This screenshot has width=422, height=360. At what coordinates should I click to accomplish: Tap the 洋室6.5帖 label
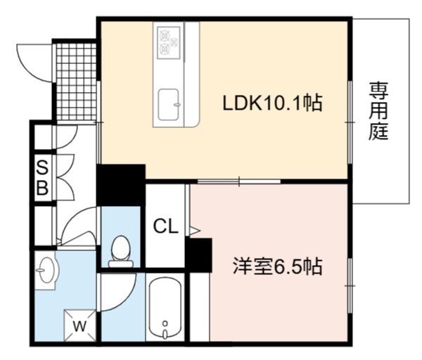click(x=278, y=266)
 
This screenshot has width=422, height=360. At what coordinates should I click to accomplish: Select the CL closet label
click(x=165, y=226)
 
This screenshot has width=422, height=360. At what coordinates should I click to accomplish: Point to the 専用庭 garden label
click(x=378, y=111)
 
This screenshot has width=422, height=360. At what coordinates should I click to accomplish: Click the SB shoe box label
click(x=42, y=177)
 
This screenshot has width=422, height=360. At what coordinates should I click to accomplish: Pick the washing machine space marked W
click(x=79, y=325)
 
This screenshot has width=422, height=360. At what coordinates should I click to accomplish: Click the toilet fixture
click(x=121, y=252)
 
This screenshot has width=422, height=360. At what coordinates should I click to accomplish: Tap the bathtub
click(x=165, y=307)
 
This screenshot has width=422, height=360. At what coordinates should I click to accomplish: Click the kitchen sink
click(x=169, y=105)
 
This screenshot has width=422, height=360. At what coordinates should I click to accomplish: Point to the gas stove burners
click(x=169, y=42)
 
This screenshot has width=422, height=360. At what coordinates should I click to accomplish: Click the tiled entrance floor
click(x=77, y=82)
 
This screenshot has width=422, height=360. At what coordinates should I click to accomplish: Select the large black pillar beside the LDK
click(x=121, y=185)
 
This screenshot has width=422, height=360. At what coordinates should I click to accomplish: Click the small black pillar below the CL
click(x=198, y=255)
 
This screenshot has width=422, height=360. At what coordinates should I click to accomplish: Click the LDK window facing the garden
click(x=350, y=122)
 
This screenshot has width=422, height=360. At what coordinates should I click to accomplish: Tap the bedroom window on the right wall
click(x=350, y=285)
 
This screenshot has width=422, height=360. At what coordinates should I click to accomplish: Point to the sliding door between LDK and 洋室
click(x=239, y=181)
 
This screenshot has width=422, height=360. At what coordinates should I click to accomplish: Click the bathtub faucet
click(x=165, y=330)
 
